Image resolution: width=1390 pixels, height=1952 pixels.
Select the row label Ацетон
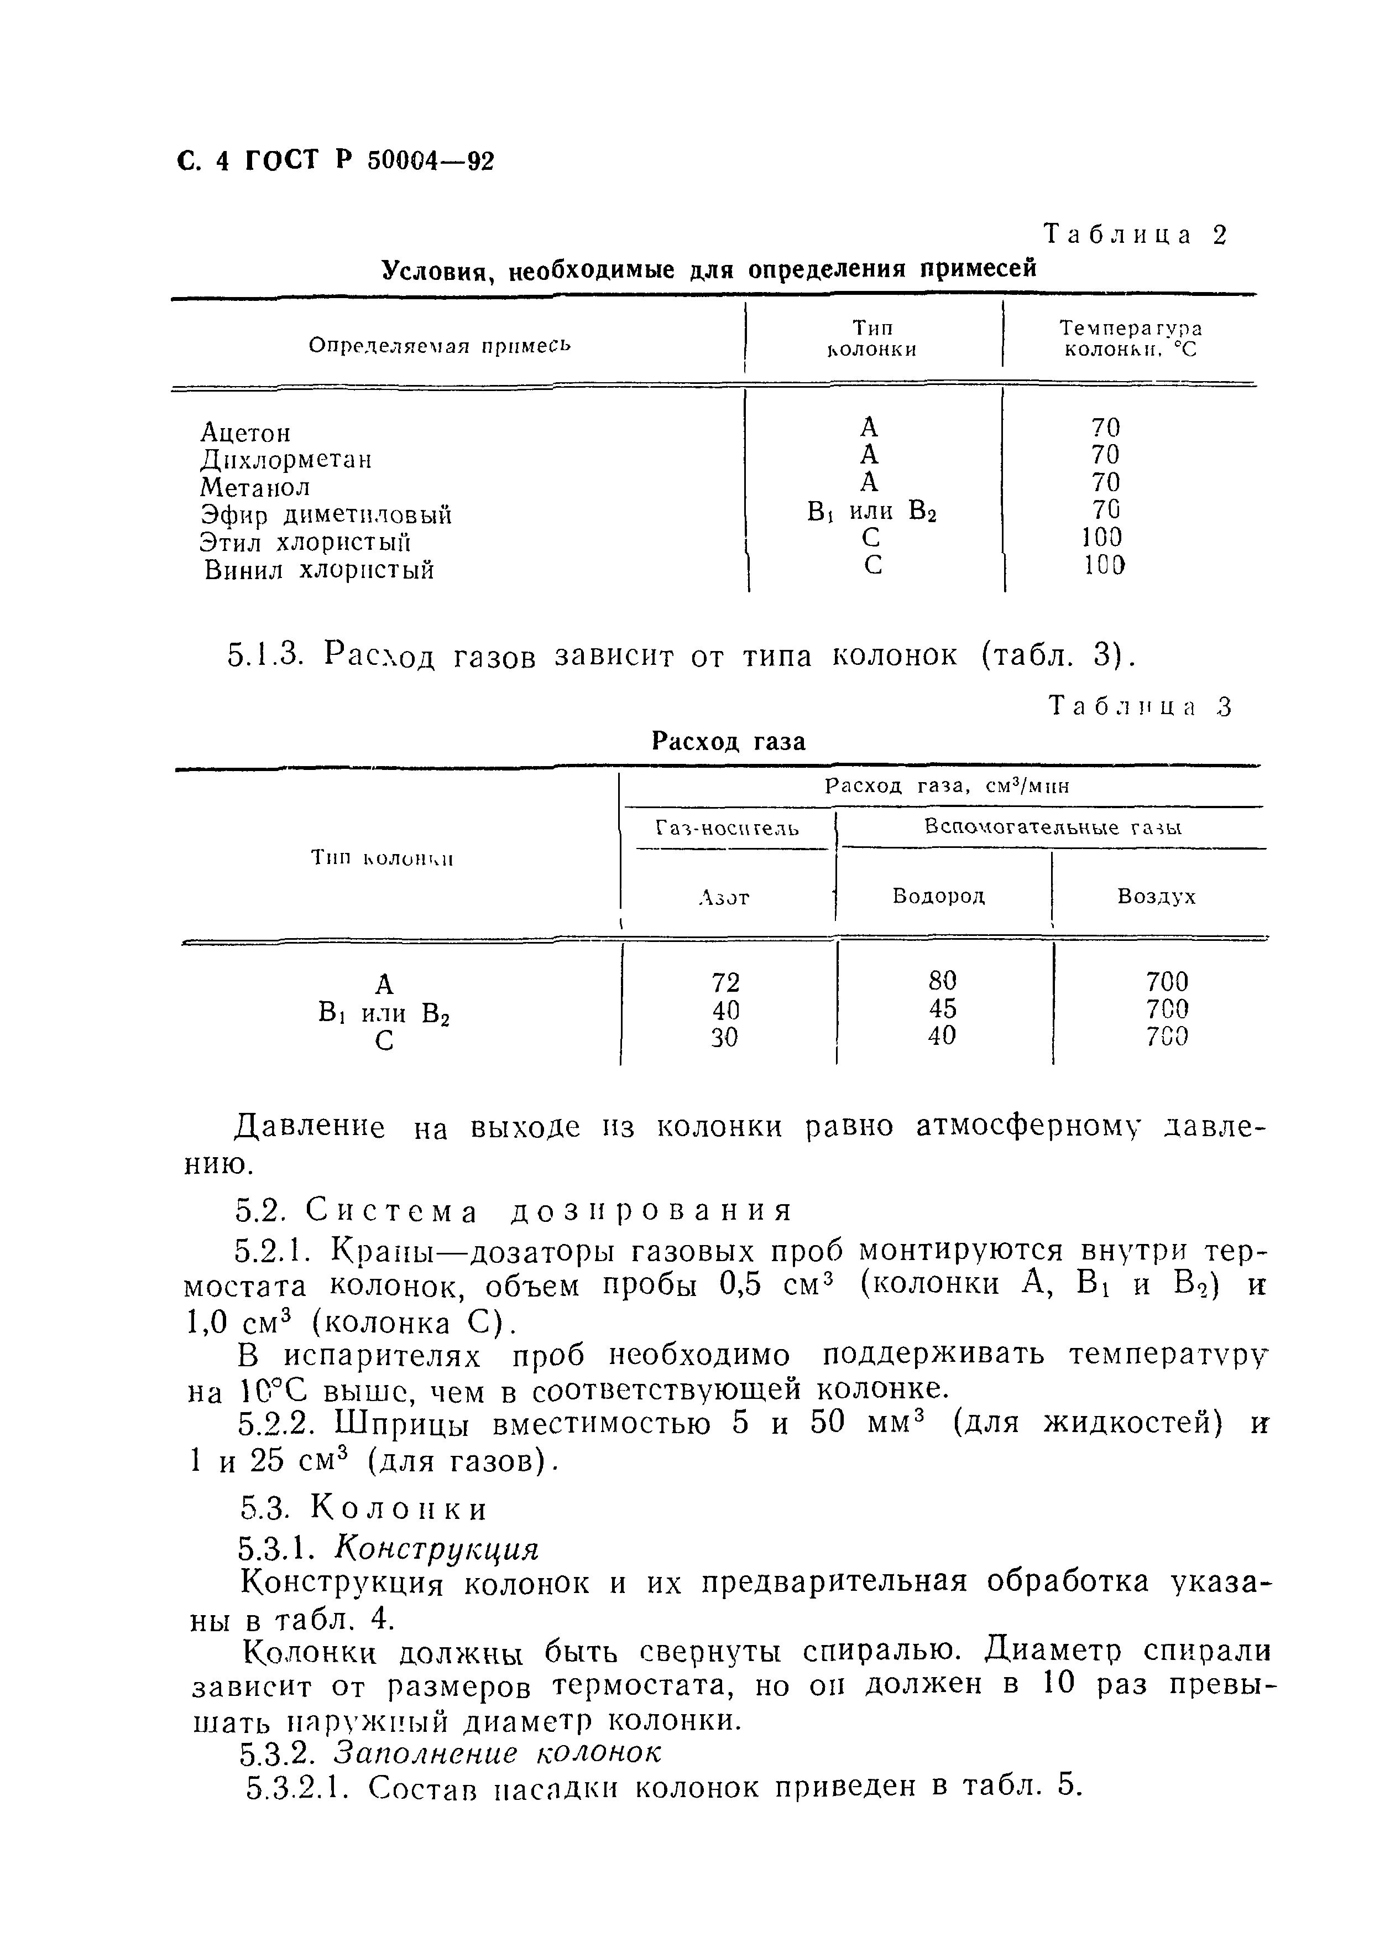(245, 433)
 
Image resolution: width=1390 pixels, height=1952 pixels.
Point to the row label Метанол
(254, 487)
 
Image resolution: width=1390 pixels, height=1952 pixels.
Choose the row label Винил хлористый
(319, 570)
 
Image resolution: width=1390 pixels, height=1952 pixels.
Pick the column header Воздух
(1156, 897)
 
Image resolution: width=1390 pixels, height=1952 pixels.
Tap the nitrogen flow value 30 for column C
(725, 1037)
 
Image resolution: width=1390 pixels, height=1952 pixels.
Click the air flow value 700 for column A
(1167, 981)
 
